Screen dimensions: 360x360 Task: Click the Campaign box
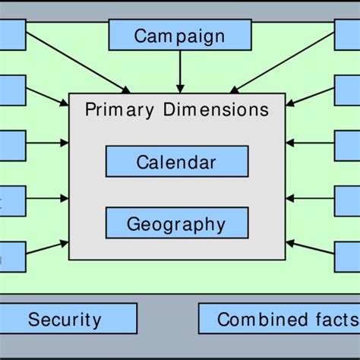pyautogui.click(x=180, y=35)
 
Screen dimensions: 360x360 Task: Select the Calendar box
pyautogui.click(x=176, y=162)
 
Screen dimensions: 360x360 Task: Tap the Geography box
pyautogui.click(x=176, y=224)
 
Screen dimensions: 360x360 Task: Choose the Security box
pyautogui.click(x=65, y=319)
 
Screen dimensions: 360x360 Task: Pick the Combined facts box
pyautogui.click(x=279, y=319)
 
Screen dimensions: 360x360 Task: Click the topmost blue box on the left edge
pyautogui.click(x=12, y=35)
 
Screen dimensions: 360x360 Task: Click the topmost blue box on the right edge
pyautogui.click(x=347, y=35)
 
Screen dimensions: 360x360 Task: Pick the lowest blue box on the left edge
pyautogui.click(x=12, y=257)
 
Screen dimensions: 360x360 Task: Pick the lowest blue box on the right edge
pyautogui.click(x=347, y=257)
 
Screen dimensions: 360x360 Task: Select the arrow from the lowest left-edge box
pyautogui.click(x=47, y=251)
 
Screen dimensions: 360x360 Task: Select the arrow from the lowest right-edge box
pyautogui.click(x=311, y=251)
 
